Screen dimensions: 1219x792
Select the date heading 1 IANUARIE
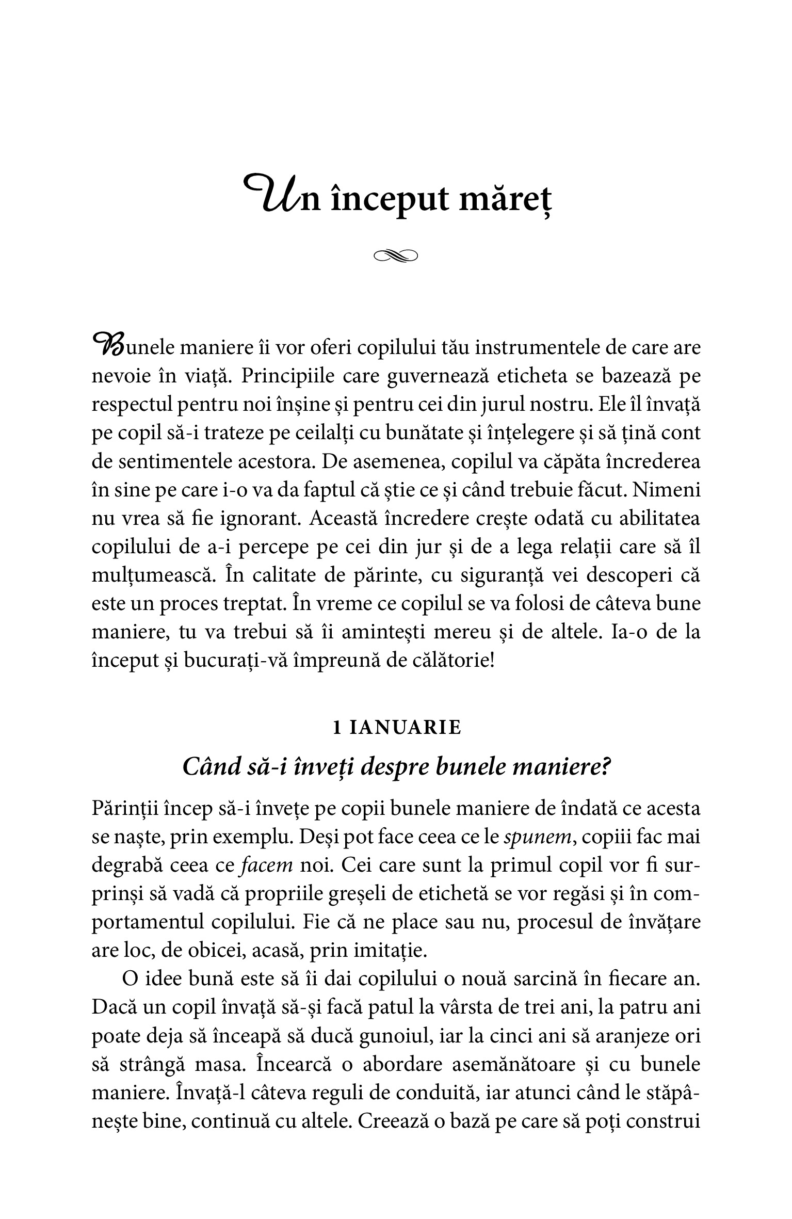(x=396, y=728)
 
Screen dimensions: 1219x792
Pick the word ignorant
(x=263, y=518)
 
